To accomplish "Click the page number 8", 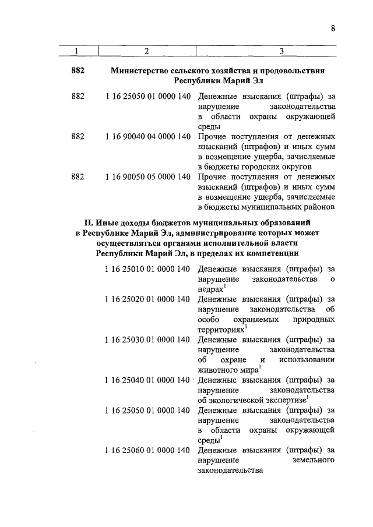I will pyautogui.click(x=332, y=28).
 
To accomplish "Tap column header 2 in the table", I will pyautogui.click(x=146, y=51).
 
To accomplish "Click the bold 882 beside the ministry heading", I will pyautogui.click(x=78, y=70).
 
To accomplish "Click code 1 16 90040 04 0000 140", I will pyautogui.click(x=148, y=136).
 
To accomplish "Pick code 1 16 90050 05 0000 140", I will pyautogui.click(x=148, y=176).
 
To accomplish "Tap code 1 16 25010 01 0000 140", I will pyautogui.click(x=148, y=269).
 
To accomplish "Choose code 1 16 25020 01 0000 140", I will pyautogui.click(x=148, y=299).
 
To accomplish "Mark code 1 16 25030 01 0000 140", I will pyautogui.click(x=148, y=339).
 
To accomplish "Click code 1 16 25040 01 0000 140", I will pyautogui.click(x=148, y=380).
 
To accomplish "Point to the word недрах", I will pyautogui.click(x=210, y=289).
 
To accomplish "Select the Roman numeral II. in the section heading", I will pyautogui.click(x=90, y=222).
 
